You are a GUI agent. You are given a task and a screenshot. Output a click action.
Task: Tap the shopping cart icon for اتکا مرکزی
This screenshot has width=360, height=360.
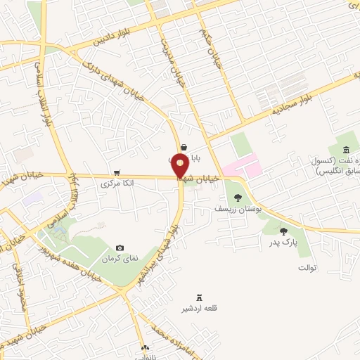click(x=116, y=172)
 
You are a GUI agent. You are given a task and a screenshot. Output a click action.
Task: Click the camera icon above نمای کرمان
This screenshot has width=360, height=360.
click(x=120, y=248)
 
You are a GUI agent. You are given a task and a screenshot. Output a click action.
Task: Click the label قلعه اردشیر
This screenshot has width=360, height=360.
click(x=196, y=309)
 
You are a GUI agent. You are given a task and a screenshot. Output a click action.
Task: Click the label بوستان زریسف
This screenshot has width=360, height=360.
click(x=239, y=209)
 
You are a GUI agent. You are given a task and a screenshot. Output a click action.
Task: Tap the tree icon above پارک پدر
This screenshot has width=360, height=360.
click(x=283, y=231)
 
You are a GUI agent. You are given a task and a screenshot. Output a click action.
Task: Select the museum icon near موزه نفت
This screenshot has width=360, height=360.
click(x=347, y=150)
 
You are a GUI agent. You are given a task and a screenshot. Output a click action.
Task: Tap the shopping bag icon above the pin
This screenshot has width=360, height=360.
click(x=184, y=147)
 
